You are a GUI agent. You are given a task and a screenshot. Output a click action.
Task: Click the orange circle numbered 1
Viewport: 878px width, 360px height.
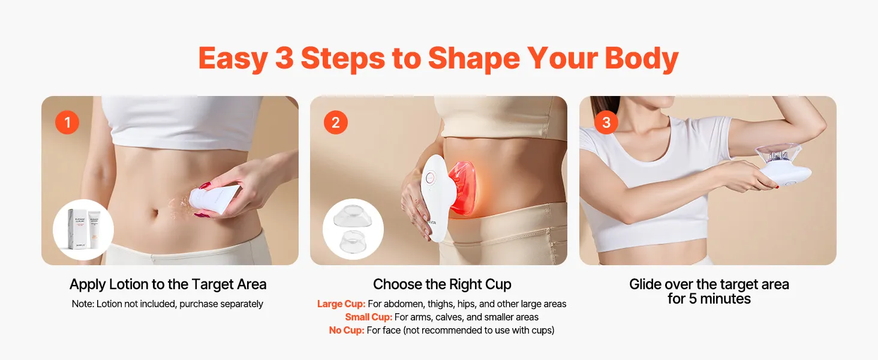coord(67,122)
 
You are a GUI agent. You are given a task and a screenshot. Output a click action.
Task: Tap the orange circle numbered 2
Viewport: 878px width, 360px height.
coord(335,122)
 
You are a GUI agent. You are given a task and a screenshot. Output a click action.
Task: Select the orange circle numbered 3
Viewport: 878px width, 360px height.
coord(606,122)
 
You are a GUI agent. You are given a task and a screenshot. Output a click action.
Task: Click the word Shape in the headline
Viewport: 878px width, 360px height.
coord(474,58)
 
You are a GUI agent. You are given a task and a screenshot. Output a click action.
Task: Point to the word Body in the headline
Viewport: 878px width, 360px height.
coord(642,58)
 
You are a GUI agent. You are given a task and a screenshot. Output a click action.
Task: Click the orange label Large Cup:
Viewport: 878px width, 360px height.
coord(341,304)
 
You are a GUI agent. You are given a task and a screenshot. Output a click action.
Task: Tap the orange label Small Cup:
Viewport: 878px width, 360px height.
coord(368,317)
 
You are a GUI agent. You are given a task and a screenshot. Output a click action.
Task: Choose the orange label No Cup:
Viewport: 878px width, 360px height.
coord(347,330)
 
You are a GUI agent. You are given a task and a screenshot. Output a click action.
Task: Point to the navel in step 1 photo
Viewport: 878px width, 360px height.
coord(155,214)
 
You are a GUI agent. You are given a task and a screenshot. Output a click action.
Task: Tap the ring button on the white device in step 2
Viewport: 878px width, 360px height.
coord(430,178)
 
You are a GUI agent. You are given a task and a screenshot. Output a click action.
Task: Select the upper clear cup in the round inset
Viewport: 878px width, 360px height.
coord(352,217)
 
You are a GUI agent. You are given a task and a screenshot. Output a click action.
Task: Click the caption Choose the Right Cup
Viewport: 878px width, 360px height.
coord(442,284)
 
